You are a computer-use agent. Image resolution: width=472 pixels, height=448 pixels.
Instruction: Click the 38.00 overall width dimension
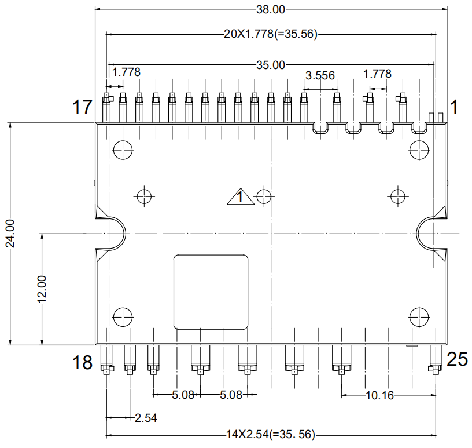(x=271, y=10)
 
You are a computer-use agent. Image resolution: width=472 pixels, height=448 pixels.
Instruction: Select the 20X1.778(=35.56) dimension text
(x=271, y=34)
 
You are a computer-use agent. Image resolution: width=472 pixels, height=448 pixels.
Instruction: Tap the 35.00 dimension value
(x=271, y=65)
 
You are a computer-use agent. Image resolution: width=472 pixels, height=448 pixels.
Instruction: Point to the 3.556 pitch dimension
(x=320, y=75)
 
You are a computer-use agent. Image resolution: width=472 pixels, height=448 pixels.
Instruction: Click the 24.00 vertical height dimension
(x=10, y=234)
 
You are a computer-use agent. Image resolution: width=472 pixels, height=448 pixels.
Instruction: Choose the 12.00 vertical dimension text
(x=42, y=289)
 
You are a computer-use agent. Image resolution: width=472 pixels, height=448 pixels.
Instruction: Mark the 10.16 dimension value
(x=379, y=395)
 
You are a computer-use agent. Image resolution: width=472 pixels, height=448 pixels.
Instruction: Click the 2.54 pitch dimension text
(x=146, y=418)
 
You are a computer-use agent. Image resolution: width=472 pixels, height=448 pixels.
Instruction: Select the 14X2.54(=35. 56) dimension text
(x=270, y=435)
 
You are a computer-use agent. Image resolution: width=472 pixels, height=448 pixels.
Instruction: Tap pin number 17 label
(x=82, y=107)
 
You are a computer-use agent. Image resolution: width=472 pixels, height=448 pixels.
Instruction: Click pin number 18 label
(x=82, y=362)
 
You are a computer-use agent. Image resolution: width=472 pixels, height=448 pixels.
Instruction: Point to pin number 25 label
(x=457, y=359)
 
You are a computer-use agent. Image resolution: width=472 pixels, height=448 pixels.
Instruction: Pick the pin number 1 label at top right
(x=453, y=107)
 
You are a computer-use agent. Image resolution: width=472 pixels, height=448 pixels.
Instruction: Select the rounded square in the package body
(x=211, y=292)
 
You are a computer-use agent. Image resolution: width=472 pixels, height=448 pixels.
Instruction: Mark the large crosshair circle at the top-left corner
(x=123, y=150)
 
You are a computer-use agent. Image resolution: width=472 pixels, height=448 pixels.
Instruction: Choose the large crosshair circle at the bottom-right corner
(x=419, y=317)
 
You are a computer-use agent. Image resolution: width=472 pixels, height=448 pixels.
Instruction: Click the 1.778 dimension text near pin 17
(x=126, y=72)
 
